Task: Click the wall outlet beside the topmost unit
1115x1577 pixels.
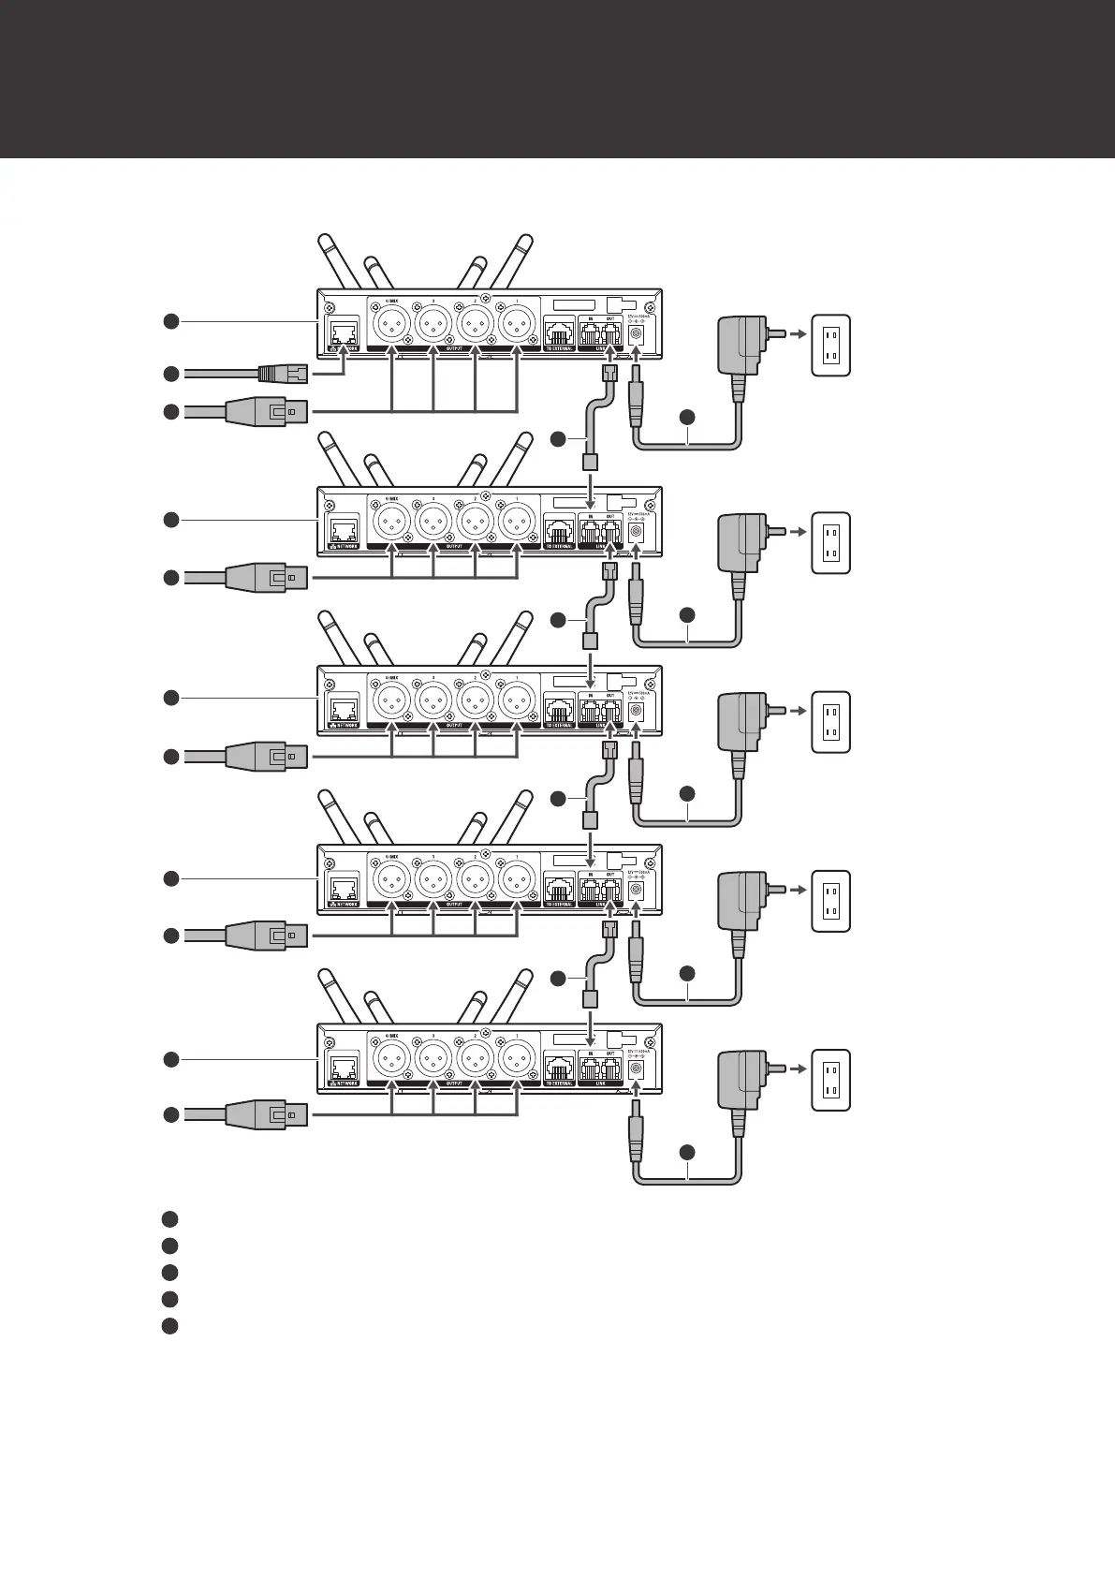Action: [830, 345]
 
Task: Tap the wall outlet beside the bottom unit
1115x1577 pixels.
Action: [830, 1080]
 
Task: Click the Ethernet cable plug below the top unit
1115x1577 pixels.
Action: [280, 374]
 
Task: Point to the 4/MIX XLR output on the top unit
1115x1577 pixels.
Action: [391, 325]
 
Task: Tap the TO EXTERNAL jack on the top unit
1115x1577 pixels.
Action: [560, 334]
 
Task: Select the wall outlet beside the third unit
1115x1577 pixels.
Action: [830, 721]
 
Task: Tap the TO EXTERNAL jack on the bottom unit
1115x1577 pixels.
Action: [560, 1069]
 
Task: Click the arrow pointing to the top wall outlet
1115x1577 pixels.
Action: [795, 332]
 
